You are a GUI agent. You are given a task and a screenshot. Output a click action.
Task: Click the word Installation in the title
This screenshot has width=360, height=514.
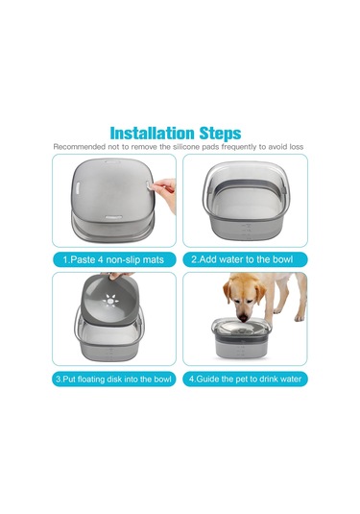[152, 134]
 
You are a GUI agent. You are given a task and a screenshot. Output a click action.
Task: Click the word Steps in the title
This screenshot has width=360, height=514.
[220, 134]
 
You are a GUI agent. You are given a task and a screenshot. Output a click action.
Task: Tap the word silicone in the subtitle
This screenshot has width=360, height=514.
[186, 147]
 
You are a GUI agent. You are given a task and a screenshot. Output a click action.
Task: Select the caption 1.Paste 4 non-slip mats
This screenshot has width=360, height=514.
[113, 260]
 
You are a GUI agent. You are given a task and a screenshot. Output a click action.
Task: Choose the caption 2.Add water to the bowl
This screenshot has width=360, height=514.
[242, 259]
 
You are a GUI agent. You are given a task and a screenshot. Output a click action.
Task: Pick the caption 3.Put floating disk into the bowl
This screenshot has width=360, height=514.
[113, 379]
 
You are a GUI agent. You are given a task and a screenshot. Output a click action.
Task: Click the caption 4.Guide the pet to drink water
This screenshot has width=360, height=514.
[245, 379]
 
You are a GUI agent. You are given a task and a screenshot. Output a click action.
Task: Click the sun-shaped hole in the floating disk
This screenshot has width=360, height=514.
[110, 301]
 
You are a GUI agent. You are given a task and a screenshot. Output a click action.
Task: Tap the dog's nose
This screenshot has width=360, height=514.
[243, 318]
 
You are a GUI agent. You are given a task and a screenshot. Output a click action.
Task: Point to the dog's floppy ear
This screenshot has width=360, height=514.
[228, 292]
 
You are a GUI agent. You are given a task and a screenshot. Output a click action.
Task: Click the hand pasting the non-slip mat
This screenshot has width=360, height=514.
[165, 193]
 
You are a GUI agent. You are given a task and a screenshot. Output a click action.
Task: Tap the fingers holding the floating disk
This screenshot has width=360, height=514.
[119, 276]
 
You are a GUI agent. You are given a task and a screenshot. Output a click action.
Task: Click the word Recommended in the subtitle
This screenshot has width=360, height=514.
[78, 147]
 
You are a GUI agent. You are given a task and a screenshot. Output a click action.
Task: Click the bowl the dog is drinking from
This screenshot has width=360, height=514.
[241, 337]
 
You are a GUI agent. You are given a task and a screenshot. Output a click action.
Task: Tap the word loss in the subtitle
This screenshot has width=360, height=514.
[296, 147]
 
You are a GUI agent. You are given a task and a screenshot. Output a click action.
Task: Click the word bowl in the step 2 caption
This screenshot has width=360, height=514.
[282, 259]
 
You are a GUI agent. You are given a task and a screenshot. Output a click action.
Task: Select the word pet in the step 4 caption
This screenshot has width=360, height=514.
[242, 379]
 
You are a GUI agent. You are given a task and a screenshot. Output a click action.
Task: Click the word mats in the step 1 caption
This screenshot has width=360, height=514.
[154, 260]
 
